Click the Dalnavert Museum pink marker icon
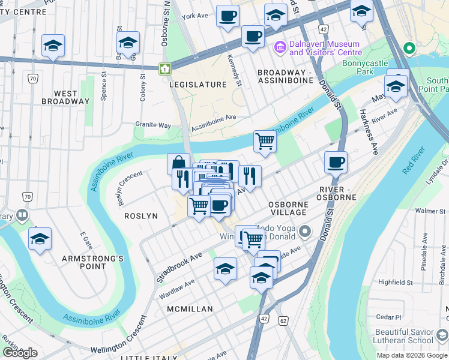click(x=280, y=47)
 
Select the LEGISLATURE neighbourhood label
click(x=198, y=85)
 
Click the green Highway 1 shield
click(x=164, y=69)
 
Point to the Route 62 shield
click(x=283, y=321)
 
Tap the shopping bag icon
click(x=178, y=164)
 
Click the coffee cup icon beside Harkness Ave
click(x=336, y=161)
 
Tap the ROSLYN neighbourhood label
click(x=141, y=215)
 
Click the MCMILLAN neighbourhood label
click(x=190, y=308)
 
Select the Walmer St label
click(x=430, y=211)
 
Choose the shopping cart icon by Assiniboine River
click(x=265, y=142)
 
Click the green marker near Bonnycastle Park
click(x=409, y=48)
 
